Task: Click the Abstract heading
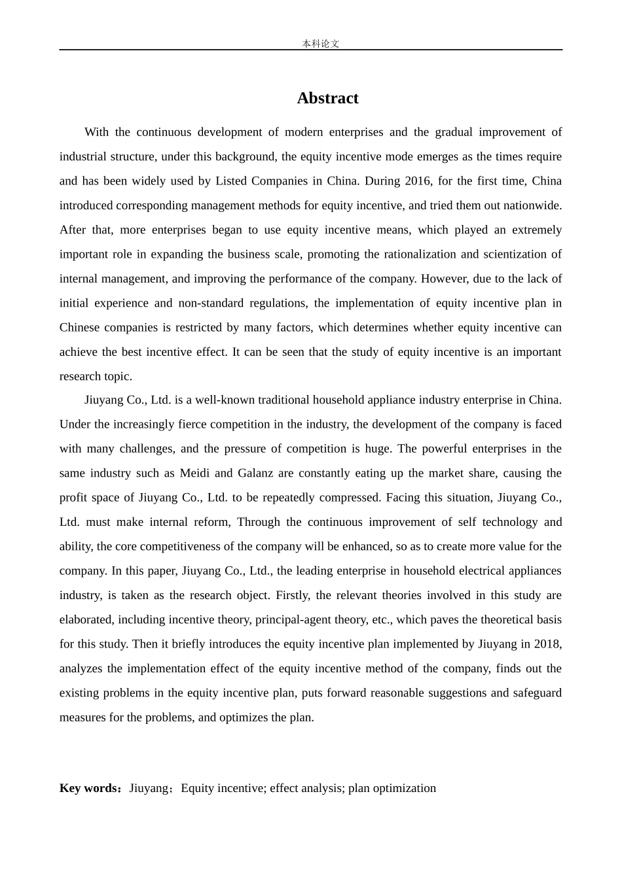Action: coord(327,98)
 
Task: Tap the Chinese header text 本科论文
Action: coord(320,44)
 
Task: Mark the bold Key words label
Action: coord(89,788)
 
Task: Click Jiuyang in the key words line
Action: coord(149,788)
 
